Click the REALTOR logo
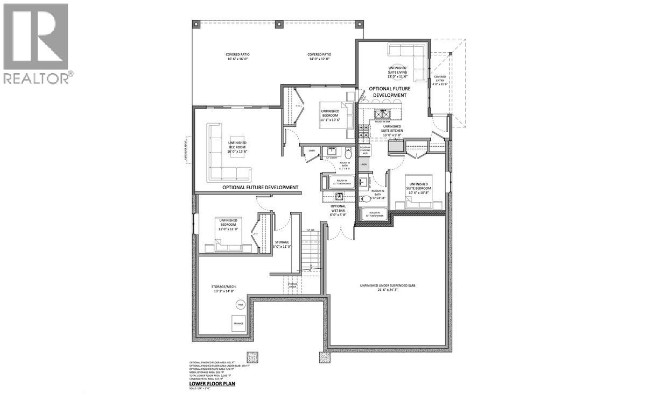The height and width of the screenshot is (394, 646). pyautogui.click(x=36, y=43)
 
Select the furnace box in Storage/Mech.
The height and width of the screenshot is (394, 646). pyautogui.click(x=238, y=323)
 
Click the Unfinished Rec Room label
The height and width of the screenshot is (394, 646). pyautogui.click(x=238, y=147)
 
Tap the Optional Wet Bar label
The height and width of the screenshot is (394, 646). pyautogui.click(x=338, y=210)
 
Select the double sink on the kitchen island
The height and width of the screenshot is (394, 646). pyautogui.click(x=383, y=114)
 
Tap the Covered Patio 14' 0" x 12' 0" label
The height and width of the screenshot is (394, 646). pyautogui.click(x=319, y=57)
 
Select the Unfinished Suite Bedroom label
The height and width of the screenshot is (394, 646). pyautogui.click(x=418, y=187)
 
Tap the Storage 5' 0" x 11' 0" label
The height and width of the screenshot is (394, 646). pyautogui.click(x=283, y=244)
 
